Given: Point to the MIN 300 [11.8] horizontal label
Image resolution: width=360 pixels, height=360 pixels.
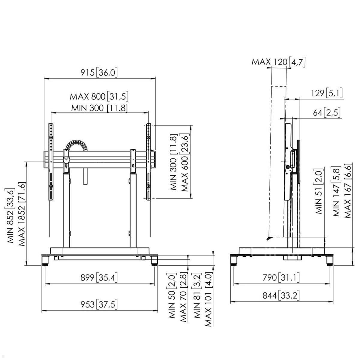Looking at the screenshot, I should coord(99,108).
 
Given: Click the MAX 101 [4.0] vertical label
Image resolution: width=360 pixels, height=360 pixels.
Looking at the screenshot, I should coord(208,299).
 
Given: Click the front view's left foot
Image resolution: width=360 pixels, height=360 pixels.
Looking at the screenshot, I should coord(45,260).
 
